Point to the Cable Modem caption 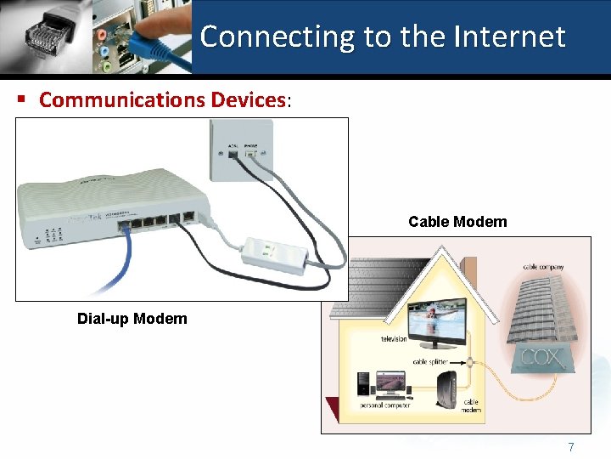(457, 222)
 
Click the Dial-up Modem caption (132, 319)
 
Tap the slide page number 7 (571, 447)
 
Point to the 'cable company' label (542, 267)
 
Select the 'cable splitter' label (430, 362)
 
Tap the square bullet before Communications (21, 99)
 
